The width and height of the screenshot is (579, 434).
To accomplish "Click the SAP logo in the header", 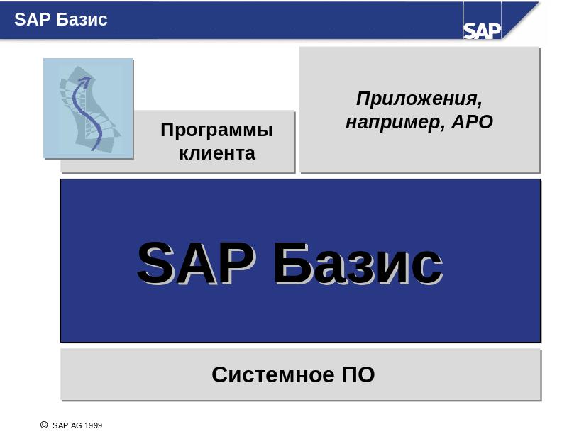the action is click(x=482, y=30).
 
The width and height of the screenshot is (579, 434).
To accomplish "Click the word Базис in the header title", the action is click(x=82, y=19).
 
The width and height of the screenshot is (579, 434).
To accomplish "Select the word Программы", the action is click(x=216, y=130).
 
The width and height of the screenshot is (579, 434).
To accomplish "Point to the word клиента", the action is click(x=217, y=153).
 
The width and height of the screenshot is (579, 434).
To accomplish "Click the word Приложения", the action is click(x=418, y=99).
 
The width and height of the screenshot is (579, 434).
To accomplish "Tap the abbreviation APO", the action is click(x=473, y=122).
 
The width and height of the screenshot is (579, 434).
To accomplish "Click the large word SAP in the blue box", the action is click(x=196, y=263).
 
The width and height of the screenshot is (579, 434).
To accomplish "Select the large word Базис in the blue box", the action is click(x=358, y=264).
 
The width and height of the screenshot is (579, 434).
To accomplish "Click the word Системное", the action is click(x=273, y=374).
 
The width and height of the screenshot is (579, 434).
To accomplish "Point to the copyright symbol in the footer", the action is click(x=44, y=425).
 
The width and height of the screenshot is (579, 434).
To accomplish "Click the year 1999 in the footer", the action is click(x=93, y=425).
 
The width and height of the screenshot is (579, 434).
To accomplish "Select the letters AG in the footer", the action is click(x=77, y=425).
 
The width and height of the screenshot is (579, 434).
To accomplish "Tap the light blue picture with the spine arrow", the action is click(x=88, y=108).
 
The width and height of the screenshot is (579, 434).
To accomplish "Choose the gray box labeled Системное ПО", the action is click(x=301, y=374).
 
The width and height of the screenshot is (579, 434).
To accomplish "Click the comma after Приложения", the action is click(x=479, y=105).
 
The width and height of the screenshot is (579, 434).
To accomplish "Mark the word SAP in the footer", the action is click(x=60, y=425).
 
